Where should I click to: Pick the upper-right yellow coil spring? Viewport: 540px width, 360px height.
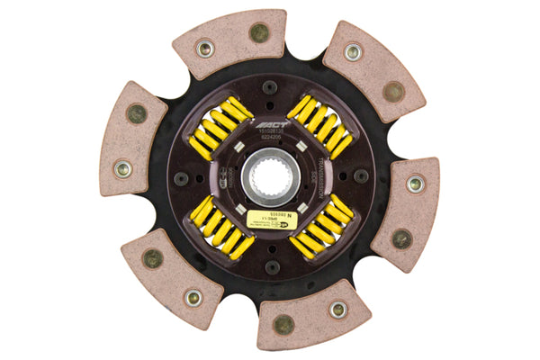(x=320, y=125)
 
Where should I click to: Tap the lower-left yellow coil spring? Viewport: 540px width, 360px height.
(x=219, y=228)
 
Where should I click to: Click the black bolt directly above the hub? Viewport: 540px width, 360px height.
(x=269, y=87)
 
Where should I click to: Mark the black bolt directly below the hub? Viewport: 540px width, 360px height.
(x=270, y=267)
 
